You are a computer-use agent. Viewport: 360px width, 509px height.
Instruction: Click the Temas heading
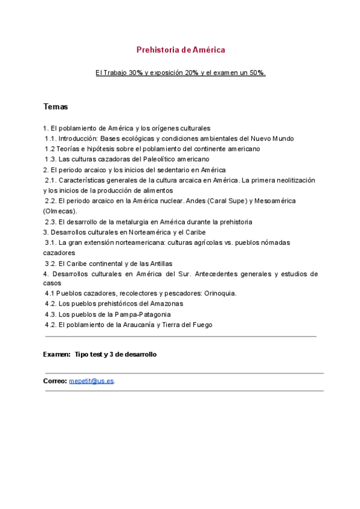click(55, 107)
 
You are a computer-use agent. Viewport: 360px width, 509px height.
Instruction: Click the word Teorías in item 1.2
click(67, 148)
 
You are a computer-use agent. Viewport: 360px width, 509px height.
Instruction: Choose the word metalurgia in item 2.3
click(131, 221)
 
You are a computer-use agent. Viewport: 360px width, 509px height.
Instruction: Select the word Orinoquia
click(218, 293)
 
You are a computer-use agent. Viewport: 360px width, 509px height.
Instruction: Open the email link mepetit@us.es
click(91, 381)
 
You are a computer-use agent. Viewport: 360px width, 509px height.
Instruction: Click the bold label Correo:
click(55, 381)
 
